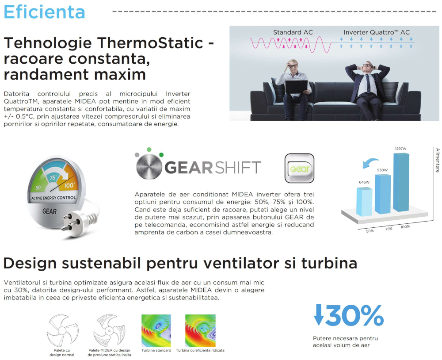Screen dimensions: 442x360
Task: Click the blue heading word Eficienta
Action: (x=44, y=12)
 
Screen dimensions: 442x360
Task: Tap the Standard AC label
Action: (x=293, y=32)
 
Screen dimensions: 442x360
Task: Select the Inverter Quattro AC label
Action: (x=377, y=32)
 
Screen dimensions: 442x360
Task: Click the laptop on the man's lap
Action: (x=296, y=87)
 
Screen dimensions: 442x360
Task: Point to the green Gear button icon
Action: (x=299, y=169)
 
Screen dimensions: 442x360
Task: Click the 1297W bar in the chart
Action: (x=401, y=182)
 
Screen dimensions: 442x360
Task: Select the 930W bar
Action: (x=383, y=194)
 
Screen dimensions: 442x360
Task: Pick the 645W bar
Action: (x=364, y=201)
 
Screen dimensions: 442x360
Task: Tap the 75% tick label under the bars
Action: (x=389, y=229)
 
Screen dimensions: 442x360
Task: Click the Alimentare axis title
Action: (x=437, y=160)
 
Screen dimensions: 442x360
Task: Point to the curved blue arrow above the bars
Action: (x=370, y=163)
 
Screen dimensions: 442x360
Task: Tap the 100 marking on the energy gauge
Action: (x=69, y=185)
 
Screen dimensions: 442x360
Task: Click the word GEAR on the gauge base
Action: (x=50, y=211)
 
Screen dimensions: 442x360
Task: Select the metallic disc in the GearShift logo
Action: (x=149, y=167)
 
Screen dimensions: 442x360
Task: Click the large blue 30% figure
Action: (x=349, y=315)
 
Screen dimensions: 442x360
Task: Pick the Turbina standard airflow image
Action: (x=156, y=330)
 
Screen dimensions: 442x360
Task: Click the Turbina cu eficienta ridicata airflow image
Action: (x=200, y=330)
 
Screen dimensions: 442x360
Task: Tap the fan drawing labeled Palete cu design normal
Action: (x=62, y=331)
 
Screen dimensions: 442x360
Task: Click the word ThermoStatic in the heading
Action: (x=150, y=43)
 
